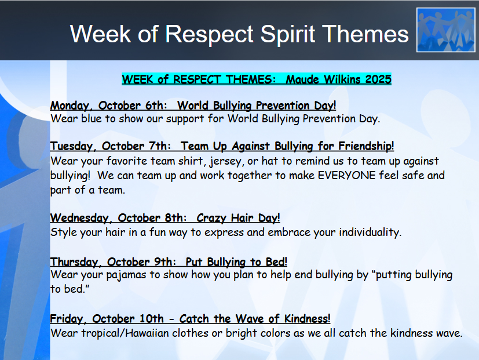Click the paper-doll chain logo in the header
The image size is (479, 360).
(445, 30)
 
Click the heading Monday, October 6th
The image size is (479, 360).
(110, 106)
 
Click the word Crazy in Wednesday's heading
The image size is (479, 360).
(212, 218)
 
